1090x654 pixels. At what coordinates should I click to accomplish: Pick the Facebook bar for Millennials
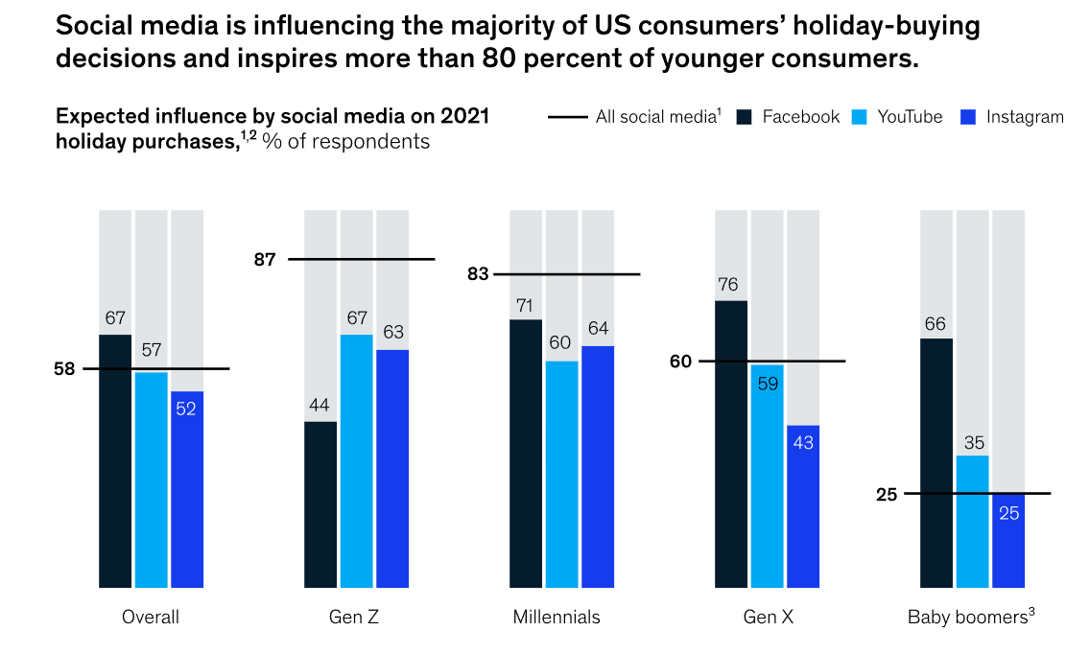pos(526,453)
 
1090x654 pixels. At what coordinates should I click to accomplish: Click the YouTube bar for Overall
pos(151,479)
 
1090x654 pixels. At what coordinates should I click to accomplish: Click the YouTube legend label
pos(910,117)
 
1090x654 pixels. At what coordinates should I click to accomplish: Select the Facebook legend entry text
pos(801,117)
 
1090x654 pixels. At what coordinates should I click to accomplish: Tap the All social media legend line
pos(567,117)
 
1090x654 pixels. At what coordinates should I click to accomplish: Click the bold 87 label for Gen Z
pos(265,259)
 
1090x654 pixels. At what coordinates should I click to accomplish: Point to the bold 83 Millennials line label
pos(478,274)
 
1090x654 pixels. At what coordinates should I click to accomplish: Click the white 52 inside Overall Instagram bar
pos(187,408)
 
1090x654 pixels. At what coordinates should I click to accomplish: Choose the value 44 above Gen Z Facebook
pos(320,405)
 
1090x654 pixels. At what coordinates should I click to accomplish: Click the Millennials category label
pos(557,618)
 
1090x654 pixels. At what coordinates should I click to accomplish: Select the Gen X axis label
pos(769,618)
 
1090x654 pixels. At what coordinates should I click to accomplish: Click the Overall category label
pos(151,618)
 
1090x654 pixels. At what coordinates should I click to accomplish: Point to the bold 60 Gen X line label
pos(681,362)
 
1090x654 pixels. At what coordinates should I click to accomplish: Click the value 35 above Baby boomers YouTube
pos(972,442)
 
